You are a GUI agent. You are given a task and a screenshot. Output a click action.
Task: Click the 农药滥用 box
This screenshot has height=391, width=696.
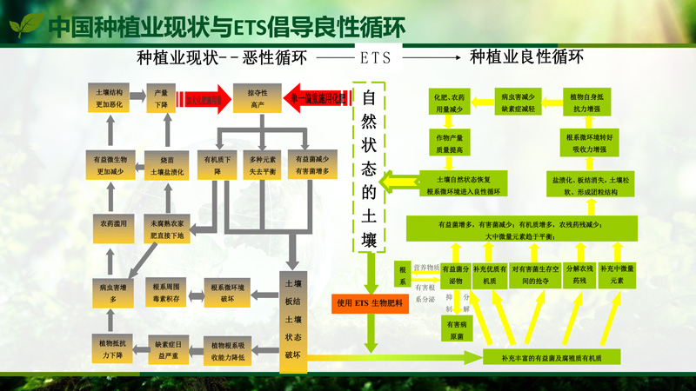coord(112,224)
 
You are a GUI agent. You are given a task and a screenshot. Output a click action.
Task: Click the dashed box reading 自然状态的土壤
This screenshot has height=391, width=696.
coord(369,168)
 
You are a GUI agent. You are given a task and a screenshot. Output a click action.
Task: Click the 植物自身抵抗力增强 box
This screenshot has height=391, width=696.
coord(590,103)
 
